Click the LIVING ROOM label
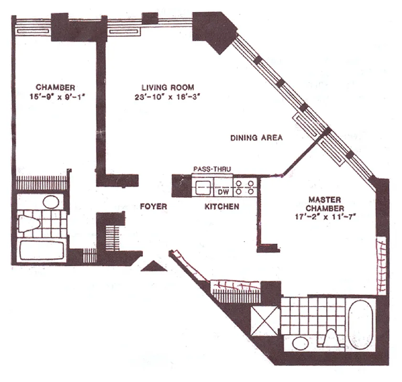coord(168,87)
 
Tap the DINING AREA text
coord(256,138)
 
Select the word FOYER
coord(153,207)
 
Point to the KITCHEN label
coord(222,207)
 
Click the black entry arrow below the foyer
coord(154,266)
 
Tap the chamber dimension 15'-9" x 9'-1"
coord(55,96)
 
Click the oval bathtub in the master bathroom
coord(361,324)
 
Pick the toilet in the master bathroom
coord(331,340)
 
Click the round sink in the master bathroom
coord(300,344)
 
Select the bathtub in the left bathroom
coord(42,250)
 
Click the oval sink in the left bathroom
coord(51,202)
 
